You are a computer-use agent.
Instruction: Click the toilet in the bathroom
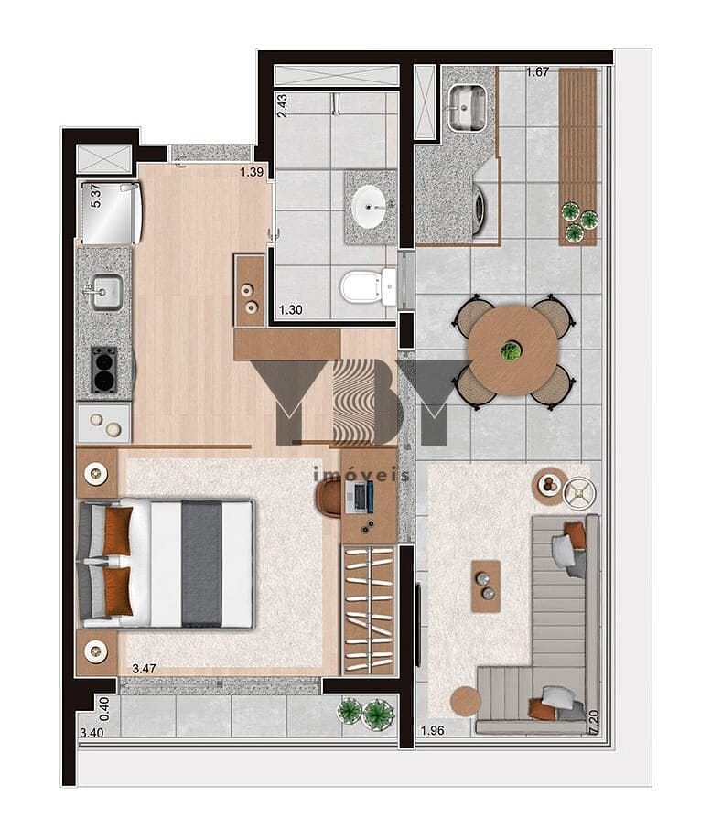[368, 287]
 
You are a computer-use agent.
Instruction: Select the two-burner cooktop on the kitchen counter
[104, 370]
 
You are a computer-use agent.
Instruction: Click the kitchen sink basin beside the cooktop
[106, 292]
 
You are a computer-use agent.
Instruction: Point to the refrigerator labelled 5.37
[110, 213]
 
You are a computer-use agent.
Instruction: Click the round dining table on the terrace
[512, 350]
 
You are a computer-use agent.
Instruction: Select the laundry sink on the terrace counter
[468, 108]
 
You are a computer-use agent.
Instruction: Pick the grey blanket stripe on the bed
[201, 564]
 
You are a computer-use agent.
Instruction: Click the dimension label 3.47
[145, 668]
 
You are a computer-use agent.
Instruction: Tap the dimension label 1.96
[433, 730]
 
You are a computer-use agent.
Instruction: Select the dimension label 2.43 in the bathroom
[282, 106]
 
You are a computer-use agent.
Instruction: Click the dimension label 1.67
[537, 72]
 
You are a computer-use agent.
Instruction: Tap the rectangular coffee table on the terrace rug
[486, 586]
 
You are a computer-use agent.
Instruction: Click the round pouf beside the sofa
[465, 701]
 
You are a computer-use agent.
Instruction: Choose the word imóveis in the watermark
[361, 475]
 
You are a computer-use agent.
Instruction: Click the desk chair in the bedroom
[329, 498]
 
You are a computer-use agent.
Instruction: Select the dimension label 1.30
[291, 310]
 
